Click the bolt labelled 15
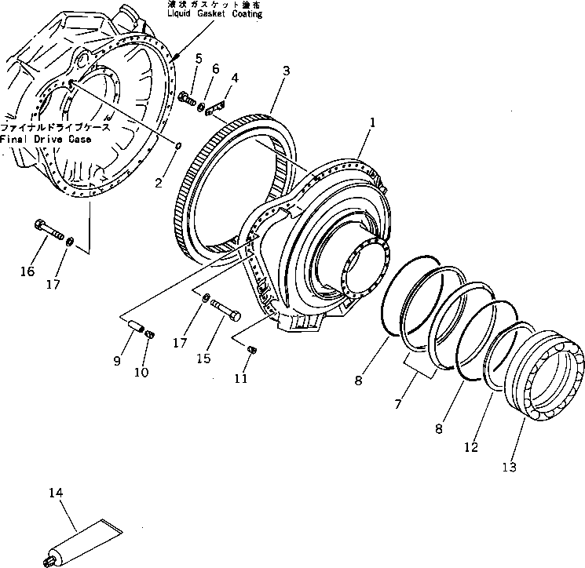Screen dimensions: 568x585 pos(227,311)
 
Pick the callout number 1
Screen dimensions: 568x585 pos(374,122)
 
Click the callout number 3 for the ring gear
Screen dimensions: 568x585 pos(286,71)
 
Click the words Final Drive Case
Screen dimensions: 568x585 pos(45,140)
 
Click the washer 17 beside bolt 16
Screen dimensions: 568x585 pos(71,240)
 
